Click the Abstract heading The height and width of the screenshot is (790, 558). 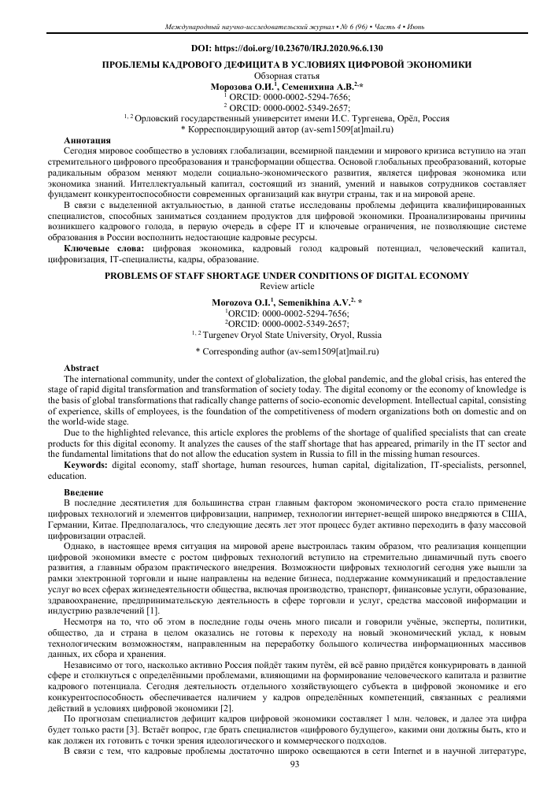click(x=81, y=369)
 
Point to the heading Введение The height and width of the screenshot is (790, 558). click(x=83, y=491)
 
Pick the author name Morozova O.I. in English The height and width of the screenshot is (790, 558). click(x=244, y=301)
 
